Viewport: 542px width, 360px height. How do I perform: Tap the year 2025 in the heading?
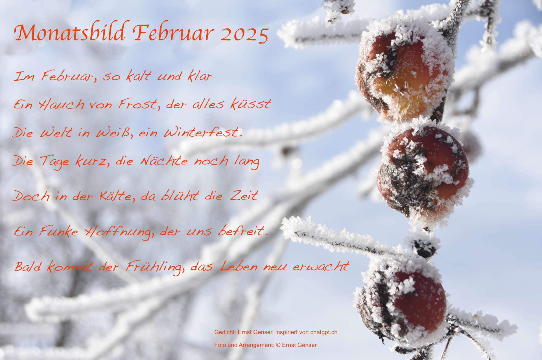tap(244, 35)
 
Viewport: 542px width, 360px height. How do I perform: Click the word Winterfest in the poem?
tap(203, 132)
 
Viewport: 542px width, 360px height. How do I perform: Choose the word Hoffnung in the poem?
tap(119, 232)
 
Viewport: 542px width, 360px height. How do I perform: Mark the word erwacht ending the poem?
tap(321, 266)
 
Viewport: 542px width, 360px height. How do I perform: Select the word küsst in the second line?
tap(251, 103)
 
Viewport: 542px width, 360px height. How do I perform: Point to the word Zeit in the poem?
tap(244, 195)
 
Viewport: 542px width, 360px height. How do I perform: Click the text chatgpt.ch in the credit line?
tap(324, 332)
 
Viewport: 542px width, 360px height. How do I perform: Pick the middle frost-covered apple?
tap(423, 172)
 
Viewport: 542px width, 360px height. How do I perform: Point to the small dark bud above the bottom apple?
tap(424, 248)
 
